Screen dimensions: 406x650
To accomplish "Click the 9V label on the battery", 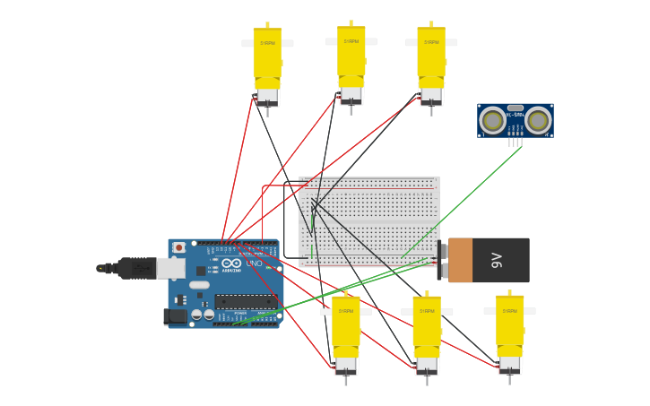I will [497, 260].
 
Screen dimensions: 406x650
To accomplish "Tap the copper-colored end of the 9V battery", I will [460, 260].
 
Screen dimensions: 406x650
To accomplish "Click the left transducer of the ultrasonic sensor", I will [491, 119].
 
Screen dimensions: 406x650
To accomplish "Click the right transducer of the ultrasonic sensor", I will [538, 119].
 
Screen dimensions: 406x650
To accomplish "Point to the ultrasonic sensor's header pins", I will [515, 142].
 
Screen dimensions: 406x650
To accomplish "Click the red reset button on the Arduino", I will [178, 247].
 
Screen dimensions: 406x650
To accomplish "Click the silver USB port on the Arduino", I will [170, 268].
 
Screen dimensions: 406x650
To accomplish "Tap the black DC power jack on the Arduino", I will [174, 315].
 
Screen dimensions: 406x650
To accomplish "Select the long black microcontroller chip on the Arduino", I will [245, 301].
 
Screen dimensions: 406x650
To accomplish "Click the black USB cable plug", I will [134, 267].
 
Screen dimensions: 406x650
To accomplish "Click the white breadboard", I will [369, 221].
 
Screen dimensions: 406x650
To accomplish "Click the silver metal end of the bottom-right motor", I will [510, 365].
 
